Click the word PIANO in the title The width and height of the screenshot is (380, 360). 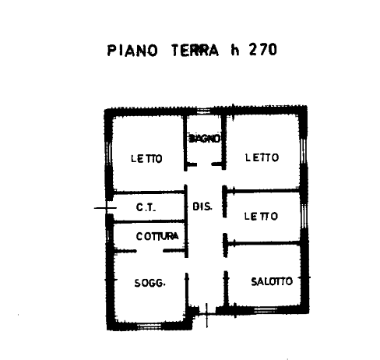pos(132,51)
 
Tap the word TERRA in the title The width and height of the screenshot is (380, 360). pos(195,50)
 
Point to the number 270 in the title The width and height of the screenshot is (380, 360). pos(263,50)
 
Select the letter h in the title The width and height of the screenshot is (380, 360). pos(234,50)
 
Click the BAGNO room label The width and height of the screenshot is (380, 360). pos(205,139)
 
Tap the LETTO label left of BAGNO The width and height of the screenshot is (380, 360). pos(146,158)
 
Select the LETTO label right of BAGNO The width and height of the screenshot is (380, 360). pos(262,157)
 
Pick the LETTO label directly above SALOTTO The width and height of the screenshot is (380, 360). pos(261,216)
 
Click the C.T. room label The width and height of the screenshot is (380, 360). pos(146,207)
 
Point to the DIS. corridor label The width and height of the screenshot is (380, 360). pos(202,206)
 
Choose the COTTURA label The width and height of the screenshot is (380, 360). pos(157,236)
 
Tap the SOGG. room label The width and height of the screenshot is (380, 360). pos(150,283)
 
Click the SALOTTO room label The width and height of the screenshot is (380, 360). pos(272,281)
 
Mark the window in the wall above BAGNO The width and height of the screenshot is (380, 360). pos(203,111)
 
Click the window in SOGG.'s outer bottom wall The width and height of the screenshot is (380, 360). pos(150,326)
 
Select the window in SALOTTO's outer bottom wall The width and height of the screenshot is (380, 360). pos(265,310)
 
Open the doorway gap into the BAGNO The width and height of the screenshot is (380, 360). pos(204,164)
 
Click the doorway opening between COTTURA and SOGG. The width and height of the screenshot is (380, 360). pos(150,251)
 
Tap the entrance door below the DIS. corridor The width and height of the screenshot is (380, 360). pos(207,313)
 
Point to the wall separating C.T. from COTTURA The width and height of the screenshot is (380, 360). pos(150,221)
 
